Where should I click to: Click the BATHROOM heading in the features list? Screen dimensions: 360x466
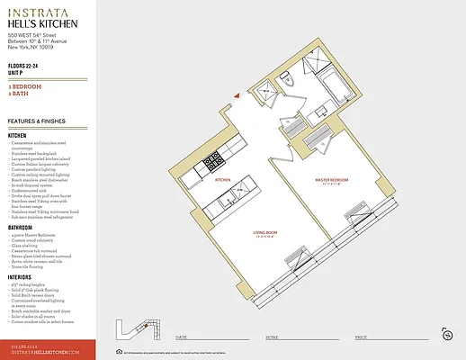(22, 227)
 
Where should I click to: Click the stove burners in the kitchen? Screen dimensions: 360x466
(213, 163)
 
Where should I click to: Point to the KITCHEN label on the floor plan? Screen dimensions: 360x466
(222, 180)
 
